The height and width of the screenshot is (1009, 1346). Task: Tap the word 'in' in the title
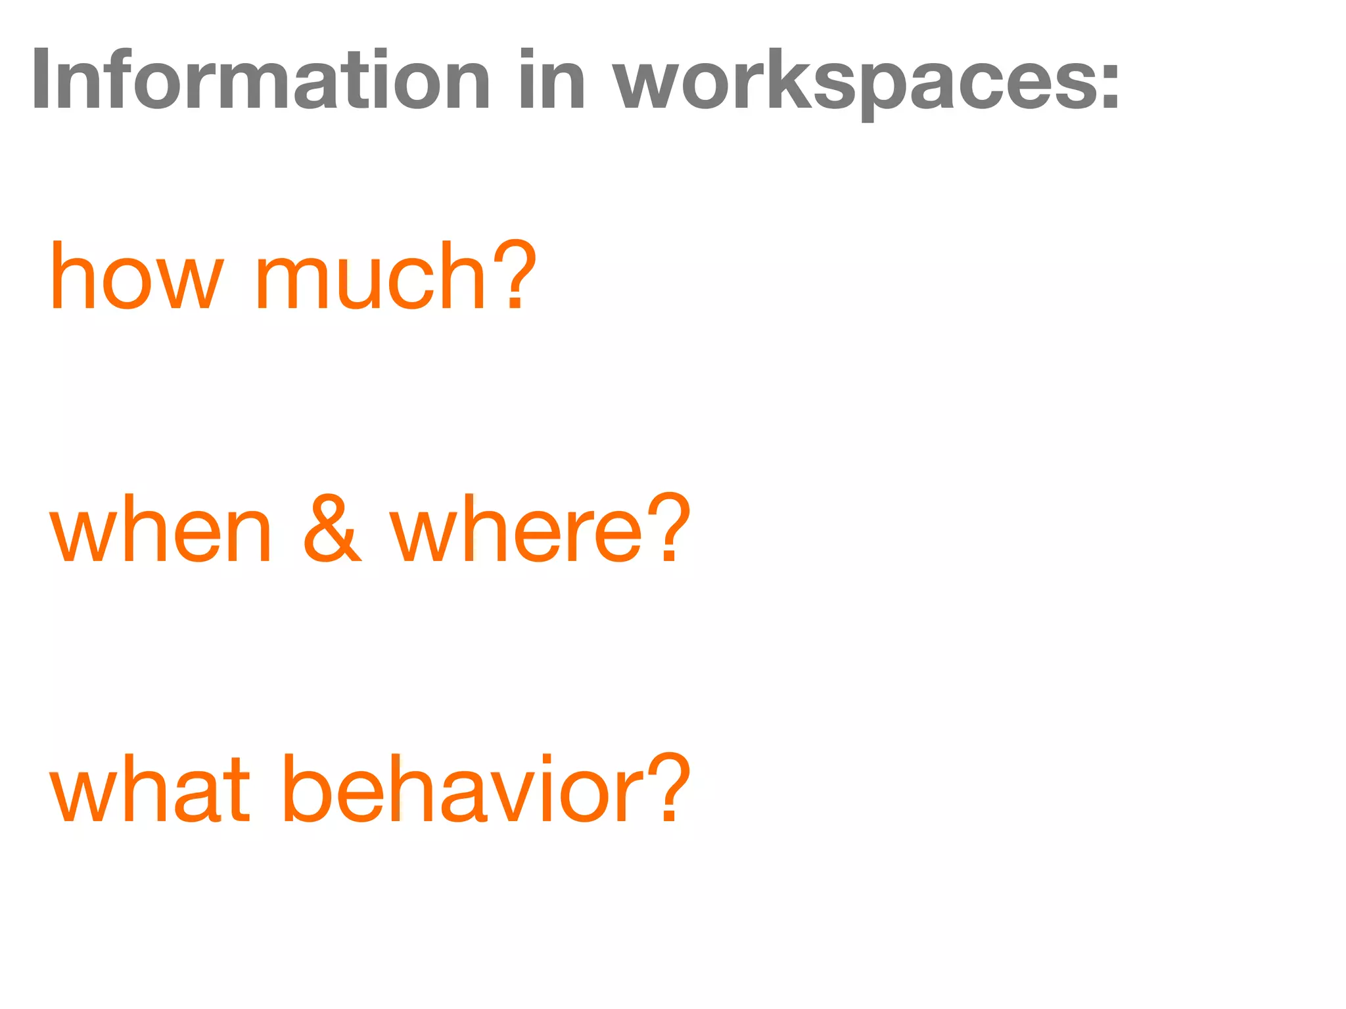pyautogui.click(x=551, y=80)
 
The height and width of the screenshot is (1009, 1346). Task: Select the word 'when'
pyautogui.click(x=161, y=529)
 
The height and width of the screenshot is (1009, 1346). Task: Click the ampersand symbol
pyautogui.click(x=332, y=529)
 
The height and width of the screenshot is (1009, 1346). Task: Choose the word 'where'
pyautogui.click(x=516, y=529)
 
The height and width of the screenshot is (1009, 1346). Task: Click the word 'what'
pyautogui.click(x=151, y=788)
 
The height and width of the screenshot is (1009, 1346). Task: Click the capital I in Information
pyautogui.click(x=42, y=80)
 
